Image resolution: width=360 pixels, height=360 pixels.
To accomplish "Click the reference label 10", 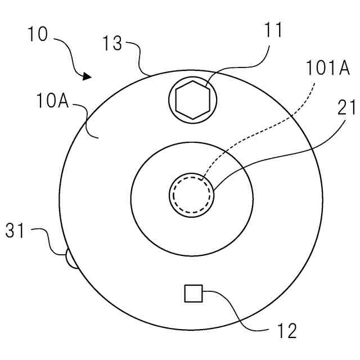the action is (38, 34).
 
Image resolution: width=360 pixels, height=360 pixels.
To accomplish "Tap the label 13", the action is (112, 43).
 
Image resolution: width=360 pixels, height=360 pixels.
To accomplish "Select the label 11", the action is (276, 31).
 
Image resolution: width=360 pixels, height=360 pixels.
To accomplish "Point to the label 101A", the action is (328, 69).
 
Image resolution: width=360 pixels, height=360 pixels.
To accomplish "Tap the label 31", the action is (16, 231).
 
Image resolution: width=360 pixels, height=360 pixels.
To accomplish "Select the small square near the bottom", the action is (193, 293).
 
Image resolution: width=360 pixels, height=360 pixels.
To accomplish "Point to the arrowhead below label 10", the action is (87, 76).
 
